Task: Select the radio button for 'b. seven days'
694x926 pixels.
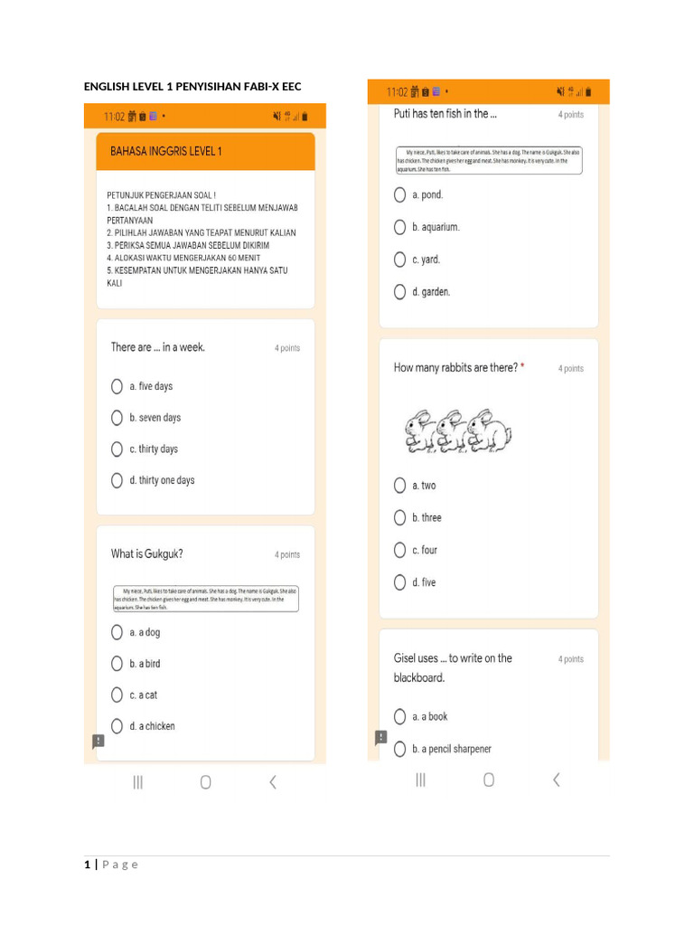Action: (x=117, y=418)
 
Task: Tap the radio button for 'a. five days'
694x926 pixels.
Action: (x=117, y=386)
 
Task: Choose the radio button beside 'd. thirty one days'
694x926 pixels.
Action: (x=117, y=480)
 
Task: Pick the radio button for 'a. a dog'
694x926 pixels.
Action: (x=117, y=632)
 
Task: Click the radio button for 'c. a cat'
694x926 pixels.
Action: (x=117, y=694)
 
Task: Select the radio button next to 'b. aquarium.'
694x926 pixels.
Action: (x=399, y=227)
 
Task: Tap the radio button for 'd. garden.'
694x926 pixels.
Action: (x=399, y=292)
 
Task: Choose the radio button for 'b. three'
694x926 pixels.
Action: (x=399, y=517)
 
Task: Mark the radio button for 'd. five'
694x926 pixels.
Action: (x=399, y=582)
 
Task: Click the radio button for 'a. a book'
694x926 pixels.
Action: (x=399, y=716)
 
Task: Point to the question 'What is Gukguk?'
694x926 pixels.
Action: (x=146, y=554)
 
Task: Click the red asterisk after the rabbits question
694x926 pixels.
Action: (x=522, y=367)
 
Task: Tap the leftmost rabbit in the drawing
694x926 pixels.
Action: (x=419, y=431)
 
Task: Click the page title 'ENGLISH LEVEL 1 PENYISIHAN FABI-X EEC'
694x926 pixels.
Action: (x=192, y=87)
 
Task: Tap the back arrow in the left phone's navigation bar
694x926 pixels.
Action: (x=272, y=782)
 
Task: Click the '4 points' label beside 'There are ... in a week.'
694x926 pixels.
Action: (x=287, y=348)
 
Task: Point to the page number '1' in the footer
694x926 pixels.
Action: (x=88, y=865)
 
